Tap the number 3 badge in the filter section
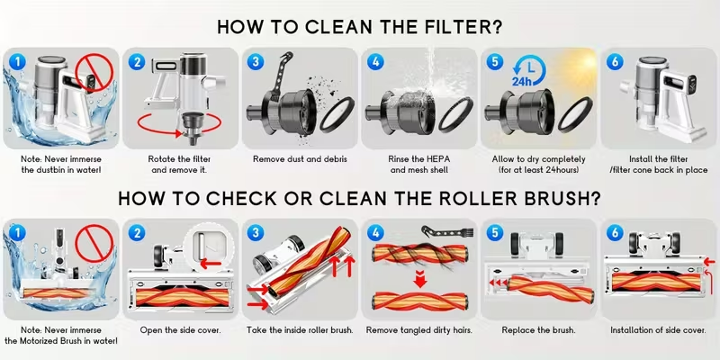pyautogui.click(x=256, y=62)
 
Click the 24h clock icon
pyautogui.click(x=529, y=71)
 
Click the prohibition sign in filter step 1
pyautogui.click(x=94, y=72)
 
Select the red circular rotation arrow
pyautogui.click(x=179, y=122)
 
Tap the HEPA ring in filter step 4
pyautogui.click(x=455, y=113)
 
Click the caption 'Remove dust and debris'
pyautogui.click(x=300, y=159)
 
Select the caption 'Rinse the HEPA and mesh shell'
pyautogui.click(x=419, y=165)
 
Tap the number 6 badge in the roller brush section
pyautogui.click(x=615, y=233)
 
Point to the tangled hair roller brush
pyautogui.click(x=419, y=253)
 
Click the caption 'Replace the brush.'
pyautogui.click(x=538, y=330)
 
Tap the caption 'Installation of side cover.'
pyautogui.click(x=658, y=330)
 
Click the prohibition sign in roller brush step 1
pyautogui.click(x=94, y=242)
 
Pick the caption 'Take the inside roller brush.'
pyautogui.click(x=300, y=330)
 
